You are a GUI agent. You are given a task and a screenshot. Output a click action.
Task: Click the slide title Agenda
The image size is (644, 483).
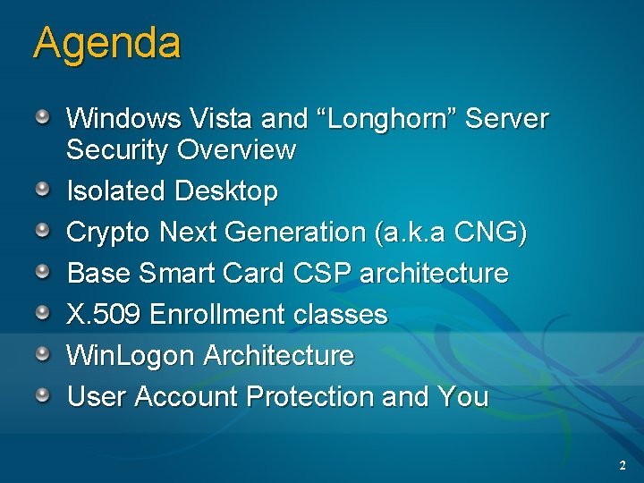pos(106,43)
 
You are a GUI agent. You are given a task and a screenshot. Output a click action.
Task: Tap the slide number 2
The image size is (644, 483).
pos(623,466)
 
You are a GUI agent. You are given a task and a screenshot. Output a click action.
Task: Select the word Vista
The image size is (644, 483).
pos(222,118)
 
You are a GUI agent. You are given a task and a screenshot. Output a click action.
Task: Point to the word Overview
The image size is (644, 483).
pos(236,150)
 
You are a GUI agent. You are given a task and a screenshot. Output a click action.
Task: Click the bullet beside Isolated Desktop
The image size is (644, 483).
pos(43,189)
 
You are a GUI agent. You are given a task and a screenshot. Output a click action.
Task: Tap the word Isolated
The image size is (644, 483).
pos(117,191)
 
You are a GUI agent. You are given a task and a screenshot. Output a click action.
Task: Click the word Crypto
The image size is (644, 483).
pos(109,233)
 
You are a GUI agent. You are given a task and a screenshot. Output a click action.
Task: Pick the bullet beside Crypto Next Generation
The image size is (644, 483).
pos(43,230)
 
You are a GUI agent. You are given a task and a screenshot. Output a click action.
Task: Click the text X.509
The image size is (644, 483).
pos(105,315)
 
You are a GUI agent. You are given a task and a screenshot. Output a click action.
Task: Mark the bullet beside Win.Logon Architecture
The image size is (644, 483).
pos(43,353)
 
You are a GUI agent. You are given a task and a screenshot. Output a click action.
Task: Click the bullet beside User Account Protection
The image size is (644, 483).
pos(43,394)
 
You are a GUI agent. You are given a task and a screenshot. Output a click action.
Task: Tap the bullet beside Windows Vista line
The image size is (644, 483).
pos(43,115)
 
